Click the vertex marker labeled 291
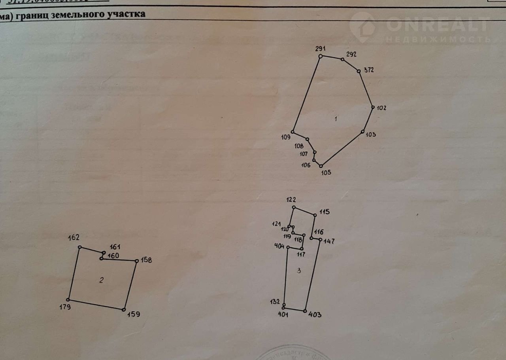click(x=321, y=56)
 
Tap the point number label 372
click(x=368, y=70)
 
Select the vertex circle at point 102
click(x=373, y=107)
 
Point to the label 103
click(x=371, y=135)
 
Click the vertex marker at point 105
click(x=321, y=166)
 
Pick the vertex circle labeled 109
click(x=293, y=132)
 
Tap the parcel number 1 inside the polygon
click(x=336, y=119)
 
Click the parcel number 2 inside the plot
click(x=102, y=280)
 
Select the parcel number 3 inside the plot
click(x=298, y=271)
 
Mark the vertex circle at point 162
click(x=79, y=247)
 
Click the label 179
click(x=66, y=307)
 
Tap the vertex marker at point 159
click(x=124, y=310)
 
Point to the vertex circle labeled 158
click(x=137, y=261)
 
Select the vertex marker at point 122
click(x=294, y=207)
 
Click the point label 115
click(x=325, y=212)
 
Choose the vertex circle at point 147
click(x=320, y=239)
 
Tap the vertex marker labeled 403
click(x=305, y=311)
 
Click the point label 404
click(x=279, y=246)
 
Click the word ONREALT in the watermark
click(x=437, y=25)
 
